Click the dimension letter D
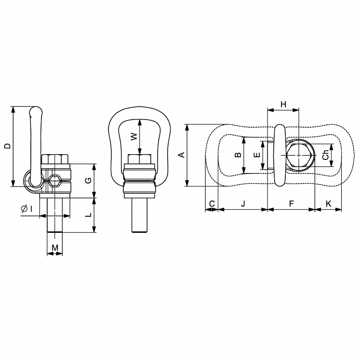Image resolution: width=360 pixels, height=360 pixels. pyautogui.click(x=7, y=146)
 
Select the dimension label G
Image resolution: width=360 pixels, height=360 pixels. pyautogui.click(x=88, y=180)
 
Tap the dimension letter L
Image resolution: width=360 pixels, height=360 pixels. pyautogui.click(x=88, y=215)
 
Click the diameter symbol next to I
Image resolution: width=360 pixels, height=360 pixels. pyautogui.click(x=24, y=209)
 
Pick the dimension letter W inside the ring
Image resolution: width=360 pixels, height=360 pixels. pyautogui.click(x=134, y=136)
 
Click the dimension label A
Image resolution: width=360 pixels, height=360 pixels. pyautogui.click(x=181, y=155)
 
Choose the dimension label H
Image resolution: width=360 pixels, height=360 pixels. pyautogui.click(x=283, y=104)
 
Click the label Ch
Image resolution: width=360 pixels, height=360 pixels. pyautogui.click(x=326, y=155)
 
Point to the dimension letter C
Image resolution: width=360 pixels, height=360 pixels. pyautogui.click(x=212, y=204)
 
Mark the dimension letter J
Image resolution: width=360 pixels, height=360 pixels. pyautogui.click(x=243, y=204)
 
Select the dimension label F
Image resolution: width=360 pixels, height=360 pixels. pyautogui.click(x=291, y=204)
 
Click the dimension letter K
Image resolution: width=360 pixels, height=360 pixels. pyautogui.click(x=328, y=204)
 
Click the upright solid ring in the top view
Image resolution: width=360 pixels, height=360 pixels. pyautogui.click(x=280, y=155)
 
